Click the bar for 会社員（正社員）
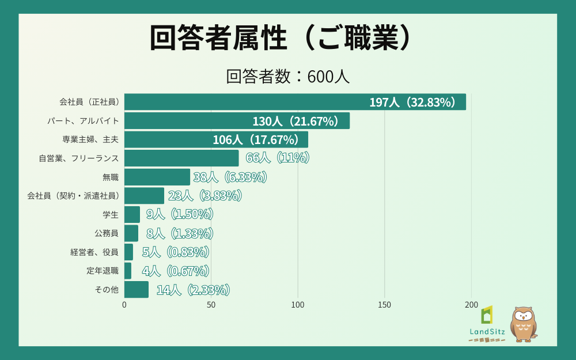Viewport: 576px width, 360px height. [295, 102]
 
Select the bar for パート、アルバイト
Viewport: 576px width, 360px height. [237, 121]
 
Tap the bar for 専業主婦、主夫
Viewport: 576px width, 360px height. [216, 139]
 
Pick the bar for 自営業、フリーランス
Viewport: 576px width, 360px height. [181, 158]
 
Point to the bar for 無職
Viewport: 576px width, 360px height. [157, 177]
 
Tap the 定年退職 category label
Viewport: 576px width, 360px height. [103, 271]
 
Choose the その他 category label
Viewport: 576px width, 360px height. [107, 289]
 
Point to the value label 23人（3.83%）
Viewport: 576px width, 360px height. [204, 196]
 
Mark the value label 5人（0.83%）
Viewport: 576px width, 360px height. [175, 252]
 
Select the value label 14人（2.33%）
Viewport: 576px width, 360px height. [194, 290]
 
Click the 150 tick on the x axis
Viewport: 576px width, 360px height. [385, 305]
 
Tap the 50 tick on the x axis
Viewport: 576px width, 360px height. [211, 305]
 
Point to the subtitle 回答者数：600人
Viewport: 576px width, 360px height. [287, 77]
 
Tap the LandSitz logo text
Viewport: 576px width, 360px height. [487, 331]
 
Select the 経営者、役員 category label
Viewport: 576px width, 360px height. [94, 252]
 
